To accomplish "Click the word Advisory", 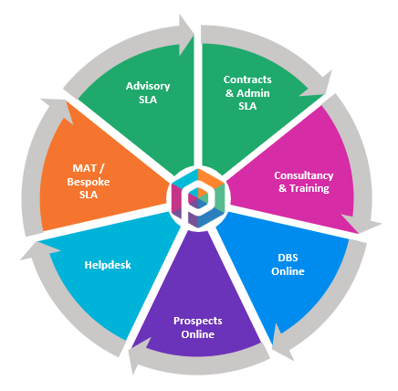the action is click(148, 86).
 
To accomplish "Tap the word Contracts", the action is click(247, 79).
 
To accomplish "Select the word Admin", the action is click(253, 93).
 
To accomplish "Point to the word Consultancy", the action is click(304, 175).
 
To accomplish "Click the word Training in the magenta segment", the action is click(309, 188).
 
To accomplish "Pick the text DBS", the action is click(288, 258).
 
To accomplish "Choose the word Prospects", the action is click(198, 321).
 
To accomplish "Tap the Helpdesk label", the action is click(108, 265).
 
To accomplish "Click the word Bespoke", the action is click(89, 182).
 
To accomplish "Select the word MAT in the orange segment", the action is click(84, 168).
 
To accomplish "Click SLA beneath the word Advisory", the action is click(148, 100).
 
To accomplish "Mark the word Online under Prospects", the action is click(198, 334).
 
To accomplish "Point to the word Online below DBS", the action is click(288, 271).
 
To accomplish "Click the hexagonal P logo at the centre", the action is click(198, 198).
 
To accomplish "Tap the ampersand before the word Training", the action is click(282, 188).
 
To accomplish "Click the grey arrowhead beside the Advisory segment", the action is click(185, 35).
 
